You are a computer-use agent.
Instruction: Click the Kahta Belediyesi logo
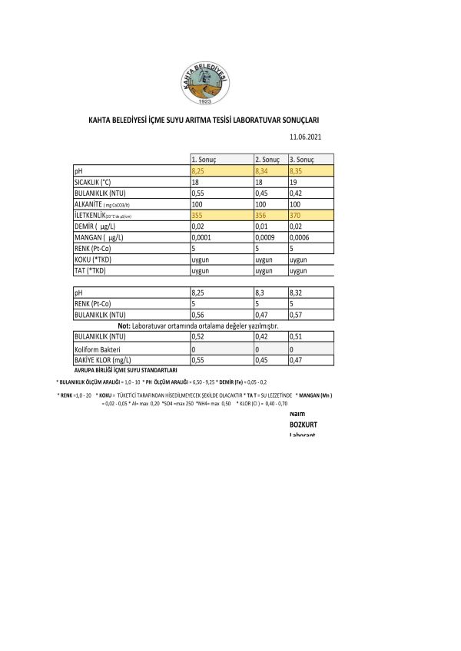(x=204, y=83)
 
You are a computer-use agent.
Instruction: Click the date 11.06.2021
(x=303, y=137)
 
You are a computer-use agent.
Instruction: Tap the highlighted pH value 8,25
(x=198, y=170)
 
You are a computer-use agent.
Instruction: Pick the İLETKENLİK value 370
(x=295, y=216)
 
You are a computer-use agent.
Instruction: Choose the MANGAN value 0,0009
(x=266, y=239)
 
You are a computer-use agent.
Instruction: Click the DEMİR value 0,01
(x=261, y=227)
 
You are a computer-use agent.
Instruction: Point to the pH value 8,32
(x=297, y=293)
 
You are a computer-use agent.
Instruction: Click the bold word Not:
(x=124, y=326)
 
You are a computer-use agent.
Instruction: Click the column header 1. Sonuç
(x=204, y=159)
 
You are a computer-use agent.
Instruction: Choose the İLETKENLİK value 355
(x=198, y=216)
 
